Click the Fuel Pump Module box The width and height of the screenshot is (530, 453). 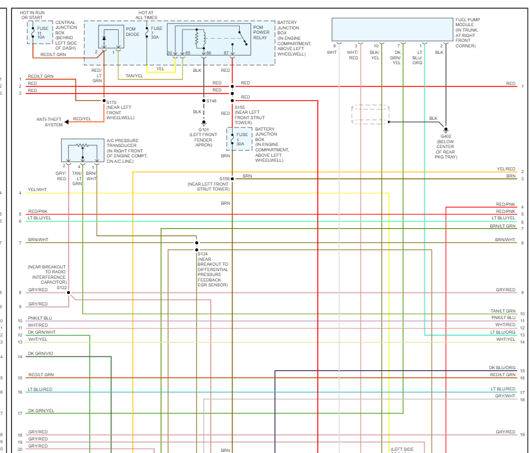(392, 29)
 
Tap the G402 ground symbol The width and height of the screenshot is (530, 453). (445, 130)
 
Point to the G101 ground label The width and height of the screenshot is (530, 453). (204, 130)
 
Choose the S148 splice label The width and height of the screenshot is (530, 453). (211, 101)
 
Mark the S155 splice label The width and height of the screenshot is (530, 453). (241, 108)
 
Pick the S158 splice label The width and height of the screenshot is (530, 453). (224, 179)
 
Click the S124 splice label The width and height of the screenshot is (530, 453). (203, 254)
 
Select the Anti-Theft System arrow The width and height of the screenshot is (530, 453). (66, 121)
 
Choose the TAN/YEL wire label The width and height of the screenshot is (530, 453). (134, 76)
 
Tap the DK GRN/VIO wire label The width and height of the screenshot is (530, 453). (41, 354)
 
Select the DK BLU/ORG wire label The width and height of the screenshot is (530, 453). (502, 368)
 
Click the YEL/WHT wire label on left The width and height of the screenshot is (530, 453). (38, 190)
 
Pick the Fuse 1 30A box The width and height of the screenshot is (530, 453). (239, 139)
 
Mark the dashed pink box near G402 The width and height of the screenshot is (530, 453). (370, 115)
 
